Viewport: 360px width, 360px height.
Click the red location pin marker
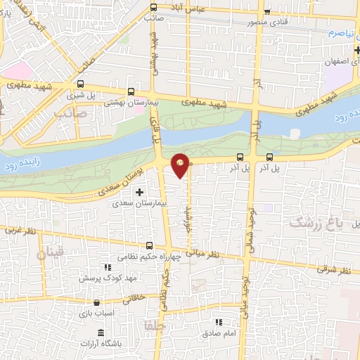click(x=181, y=165)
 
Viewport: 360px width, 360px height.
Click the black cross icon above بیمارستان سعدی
click(x=139, y=191)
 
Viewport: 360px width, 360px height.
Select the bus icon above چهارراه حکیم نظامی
click(x=149, y=245)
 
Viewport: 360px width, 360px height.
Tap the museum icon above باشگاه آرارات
click(x=101, y=332)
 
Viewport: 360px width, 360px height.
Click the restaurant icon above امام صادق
click(x=218, y=322)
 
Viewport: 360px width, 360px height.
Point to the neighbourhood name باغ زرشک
click(x=314, y=222)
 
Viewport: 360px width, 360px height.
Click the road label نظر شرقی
click(x=334, y=269)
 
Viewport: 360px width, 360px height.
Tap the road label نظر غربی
click(x=19, y=230)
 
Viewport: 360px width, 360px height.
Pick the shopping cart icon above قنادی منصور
click(x=266, y=11)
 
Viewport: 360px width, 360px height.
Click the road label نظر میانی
click(x=203, y=252)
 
